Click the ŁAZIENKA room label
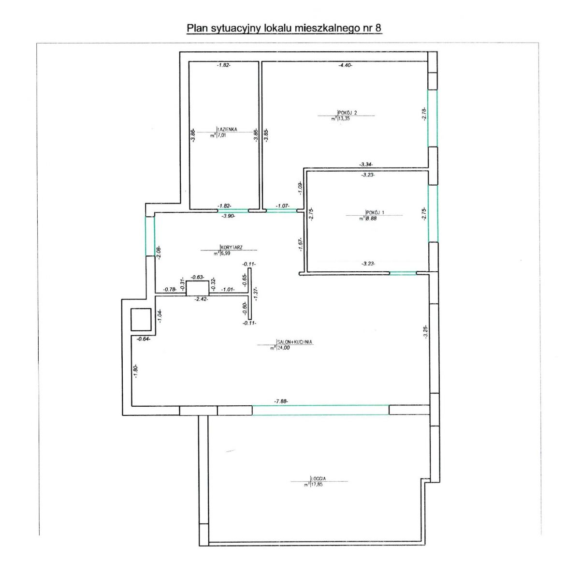pos(228,130)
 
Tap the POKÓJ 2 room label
pos(348,113)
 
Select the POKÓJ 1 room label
pos(375,213)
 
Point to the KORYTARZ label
pos(232,247)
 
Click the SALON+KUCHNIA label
pos(294,342)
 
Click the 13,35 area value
pos(344,118)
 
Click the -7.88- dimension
pos(281,401)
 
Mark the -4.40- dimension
pos(346,65)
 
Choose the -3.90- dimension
pos(228,216)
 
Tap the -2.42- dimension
pos(201,299)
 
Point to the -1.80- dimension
pos(136,371)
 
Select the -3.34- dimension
pos(366,164)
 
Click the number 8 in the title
pos(378,28)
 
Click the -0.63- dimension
pos(197,277)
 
